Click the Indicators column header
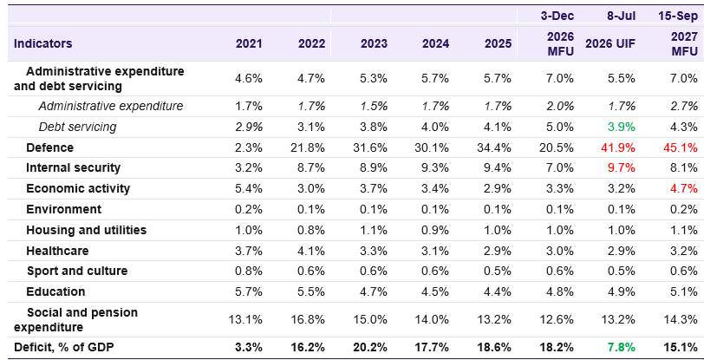coord(42,43)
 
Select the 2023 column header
coord(374,43)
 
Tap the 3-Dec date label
coord(557,16)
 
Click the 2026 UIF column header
coord(609,43)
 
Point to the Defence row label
coord(49,147)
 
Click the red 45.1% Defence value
coord(683,147)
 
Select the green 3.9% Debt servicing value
coord(622,127)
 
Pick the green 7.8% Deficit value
coord(622,348)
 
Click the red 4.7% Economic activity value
coord(685,188)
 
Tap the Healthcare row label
coord(57,251)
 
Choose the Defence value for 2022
coord(308,147)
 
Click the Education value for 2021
coord(249,291)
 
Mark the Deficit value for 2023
coord(370,348)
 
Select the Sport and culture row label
coord(77,271)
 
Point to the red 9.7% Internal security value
coord(622,168)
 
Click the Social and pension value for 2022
coord(308,320)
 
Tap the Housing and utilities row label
coord(86,230)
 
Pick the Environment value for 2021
coord(249,209)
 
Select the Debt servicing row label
coord(77,127)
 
